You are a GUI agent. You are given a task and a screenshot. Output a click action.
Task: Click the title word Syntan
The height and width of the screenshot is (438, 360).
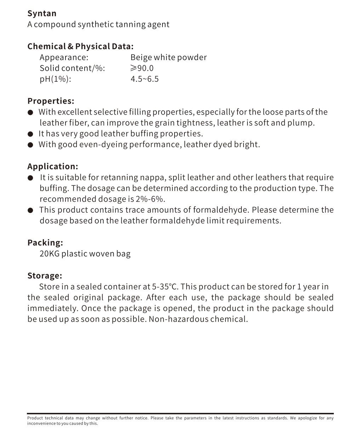(42, 13)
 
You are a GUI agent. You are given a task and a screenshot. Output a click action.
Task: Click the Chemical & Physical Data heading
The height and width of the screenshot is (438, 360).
(80, 46)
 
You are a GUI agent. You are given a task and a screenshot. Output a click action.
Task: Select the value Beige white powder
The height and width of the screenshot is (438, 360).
(168, 57)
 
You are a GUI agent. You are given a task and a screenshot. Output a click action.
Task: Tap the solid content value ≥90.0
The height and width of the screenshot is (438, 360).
(142, 68)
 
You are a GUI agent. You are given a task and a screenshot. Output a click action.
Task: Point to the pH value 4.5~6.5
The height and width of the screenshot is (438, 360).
(144, 79)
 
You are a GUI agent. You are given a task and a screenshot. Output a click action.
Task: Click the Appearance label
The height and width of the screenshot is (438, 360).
(64, 57)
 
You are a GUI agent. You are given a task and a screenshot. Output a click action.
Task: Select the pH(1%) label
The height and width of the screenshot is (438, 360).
(55, 79)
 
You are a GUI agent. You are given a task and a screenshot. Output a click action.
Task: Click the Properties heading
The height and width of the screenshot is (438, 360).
(51, 101)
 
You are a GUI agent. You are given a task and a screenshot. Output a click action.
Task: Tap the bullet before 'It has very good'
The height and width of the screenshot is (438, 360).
(31, 134)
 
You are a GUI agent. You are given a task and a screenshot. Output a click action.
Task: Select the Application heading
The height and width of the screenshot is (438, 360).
(52, 166)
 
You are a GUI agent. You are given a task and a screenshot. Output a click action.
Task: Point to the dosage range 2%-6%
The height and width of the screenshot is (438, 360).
(150, 199)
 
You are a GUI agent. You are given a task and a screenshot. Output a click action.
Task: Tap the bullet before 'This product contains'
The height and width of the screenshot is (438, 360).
(31, 211)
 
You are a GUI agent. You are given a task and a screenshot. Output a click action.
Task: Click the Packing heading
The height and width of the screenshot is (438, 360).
(45, 243)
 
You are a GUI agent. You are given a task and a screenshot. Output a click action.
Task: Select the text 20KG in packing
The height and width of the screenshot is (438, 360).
(49, 254)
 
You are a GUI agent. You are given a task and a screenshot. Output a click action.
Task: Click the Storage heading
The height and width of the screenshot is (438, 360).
(45, 276)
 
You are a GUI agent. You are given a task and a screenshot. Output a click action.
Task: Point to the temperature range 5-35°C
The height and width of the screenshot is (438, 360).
(165, 287)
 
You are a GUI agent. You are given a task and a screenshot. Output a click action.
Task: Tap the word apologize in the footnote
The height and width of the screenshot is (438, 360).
(308, 418)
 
